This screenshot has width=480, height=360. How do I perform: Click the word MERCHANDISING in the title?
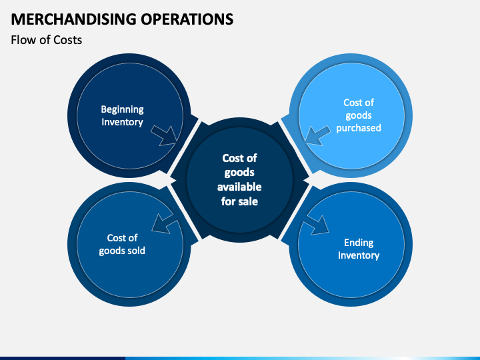73,19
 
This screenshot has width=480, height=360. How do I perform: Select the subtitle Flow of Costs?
47,40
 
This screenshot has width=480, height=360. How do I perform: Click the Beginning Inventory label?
122,115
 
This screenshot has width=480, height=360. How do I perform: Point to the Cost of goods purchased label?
358,115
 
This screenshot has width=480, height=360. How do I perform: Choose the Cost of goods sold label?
122,244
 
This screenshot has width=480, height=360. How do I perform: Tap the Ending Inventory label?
358,249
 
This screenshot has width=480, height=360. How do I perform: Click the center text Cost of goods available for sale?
239,179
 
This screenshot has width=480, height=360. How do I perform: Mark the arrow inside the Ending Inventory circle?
316,225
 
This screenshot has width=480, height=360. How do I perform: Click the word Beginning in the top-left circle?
122,109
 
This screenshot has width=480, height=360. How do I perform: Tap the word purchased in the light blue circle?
358,128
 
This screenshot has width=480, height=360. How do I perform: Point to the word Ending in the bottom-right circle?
359,243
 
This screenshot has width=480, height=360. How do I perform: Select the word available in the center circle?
239,187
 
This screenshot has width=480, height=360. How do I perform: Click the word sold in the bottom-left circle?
134,251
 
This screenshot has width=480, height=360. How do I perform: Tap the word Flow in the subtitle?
22,40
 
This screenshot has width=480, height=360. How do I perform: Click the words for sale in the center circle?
239,201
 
